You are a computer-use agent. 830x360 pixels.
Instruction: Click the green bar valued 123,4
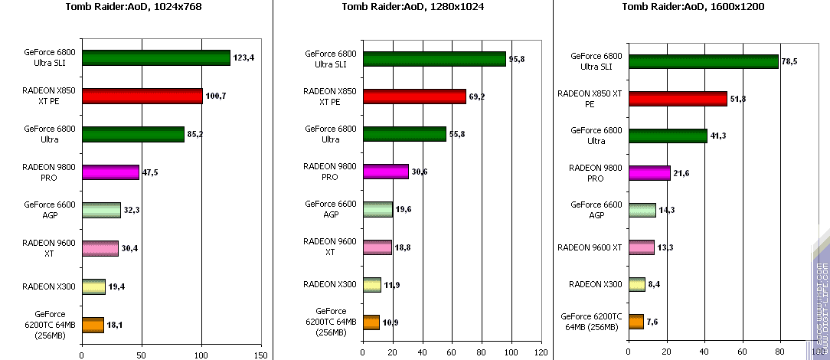(155, 57)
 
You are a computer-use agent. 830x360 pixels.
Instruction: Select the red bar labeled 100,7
(142, 96)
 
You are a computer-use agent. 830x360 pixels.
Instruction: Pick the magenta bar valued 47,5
(110, 172)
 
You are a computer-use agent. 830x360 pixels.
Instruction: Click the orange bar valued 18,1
(93, 325)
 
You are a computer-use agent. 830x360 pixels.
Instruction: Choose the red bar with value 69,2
(414, 97)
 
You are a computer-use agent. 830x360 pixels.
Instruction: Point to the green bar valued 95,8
(434, 59)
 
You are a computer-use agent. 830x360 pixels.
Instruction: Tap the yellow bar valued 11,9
(371, 284)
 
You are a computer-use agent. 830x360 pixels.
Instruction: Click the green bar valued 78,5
(703, 61)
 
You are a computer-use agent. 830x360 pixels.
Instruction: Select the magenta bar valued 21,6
(649, 173)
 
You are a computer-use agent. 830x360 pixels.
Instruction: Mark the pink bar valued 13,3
(641, 247)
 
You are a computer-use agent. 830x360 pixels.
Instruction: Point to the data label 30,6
(420, 172)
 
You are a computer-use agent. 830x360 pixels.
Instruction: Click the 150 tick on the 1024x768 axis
(261, 355)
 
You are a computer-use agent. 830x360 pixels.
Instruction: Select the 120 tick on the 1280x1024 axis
(541, 352)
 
